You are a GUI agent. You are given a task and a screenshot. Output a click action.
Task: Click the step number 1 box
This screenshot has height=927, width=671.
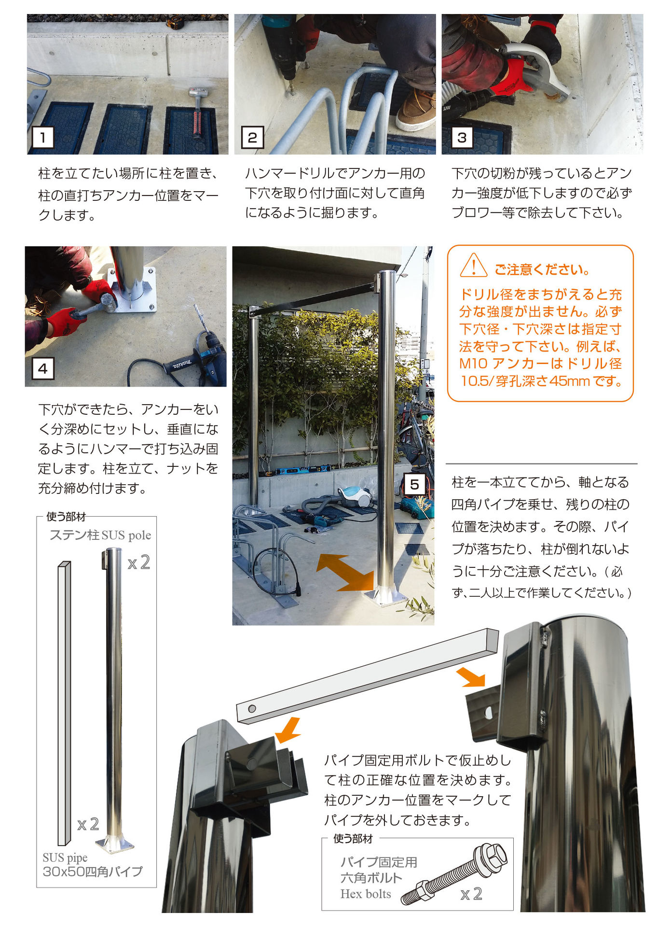click(x=43, y=138)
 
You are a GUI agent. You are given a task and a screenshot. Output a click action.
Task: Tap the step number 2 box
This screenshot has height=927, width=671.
click(x=252, y=138)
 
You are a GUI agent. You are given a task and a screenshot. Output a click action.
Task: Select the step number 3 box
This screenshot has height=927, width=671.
click(x=462, y=138)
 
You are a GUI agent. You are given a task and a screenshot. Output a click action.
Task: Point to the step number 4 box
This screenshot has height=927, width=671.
click(x=43, y=369)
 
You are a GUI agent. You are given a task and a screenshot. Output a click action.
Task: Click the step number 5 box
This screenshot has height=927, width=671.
click(x=414, y=484)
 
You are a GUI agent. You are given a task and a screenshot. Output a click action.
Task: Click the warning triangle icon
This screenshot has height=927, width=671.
click(x=473, y=266)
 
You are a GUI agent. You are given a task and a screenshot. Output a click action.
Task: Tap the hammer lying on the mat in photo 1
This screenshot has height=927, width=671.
click(x=196, y=112)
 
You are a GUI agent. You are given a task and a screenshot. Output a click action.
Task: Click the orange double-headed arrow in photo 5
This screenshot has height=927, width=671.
click(x=345, y=573)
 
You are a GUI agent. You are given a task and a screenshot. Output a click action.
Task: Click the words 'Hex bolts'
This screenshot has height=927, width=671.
click(x=366, y=894)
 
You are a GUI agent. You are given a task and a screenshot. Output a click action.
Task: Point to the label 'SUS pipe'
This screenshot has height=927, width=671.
click(x=65, y=858)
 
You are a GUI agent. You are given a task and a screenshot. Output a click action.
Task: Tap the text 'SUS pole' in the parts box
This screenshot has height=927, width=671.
click(x=126, y=535)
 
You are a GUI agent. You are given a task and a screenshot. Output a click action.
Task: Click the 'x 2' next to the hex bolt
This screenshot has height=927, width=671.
click(x=471, y=894)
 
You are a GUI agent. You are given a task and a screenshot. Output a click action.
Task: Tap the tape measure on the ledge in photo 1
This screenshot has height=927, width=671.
click(x=175, y=22)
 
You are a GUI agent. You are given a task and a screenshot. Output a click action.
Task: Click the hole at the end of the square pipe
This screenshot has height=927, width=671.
click(x=252, y=709)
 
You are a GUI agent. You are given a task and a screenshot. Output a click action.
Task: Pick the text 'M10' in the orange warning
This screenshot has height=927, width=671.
click(x=474, y=364)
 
